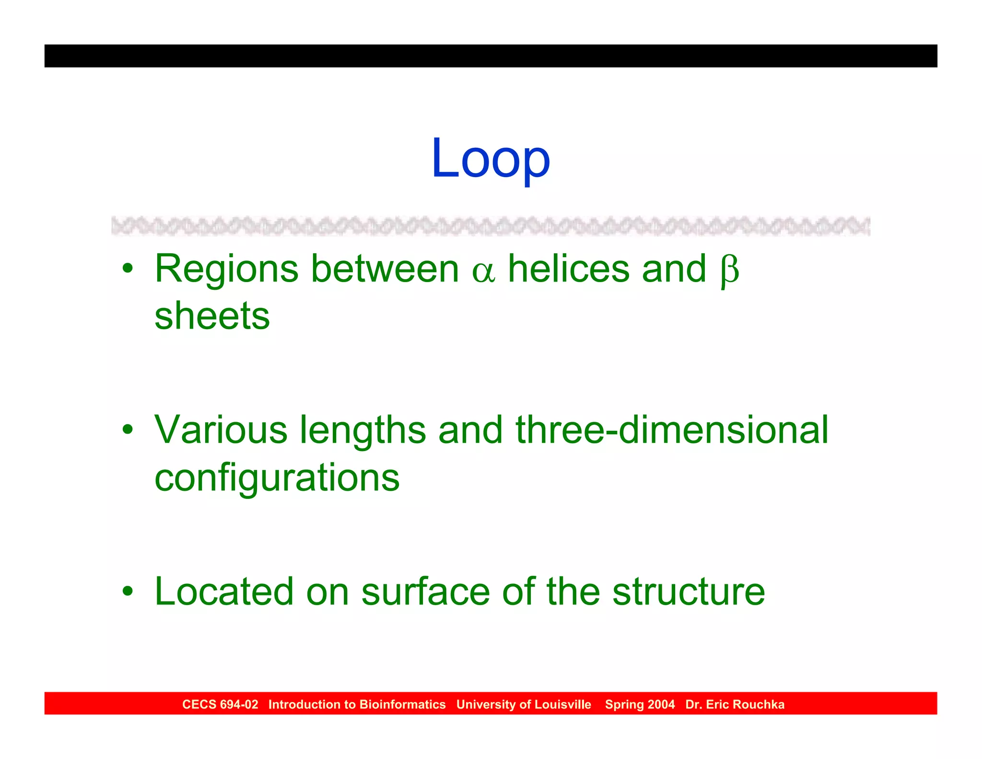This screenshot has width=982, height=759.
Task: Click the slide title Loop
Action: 491,158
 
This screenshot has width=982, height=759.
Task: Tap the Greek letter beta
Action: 729,271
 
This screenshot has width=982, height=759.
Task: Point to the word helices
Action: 569,269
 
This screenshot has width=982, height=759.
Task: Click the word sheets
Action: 212,316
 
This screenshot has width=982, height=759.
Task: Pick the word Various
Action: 221,429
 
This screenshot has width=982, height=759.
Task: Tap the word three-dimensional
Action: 672,429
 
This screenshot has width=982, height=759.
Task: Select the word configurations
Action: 277,478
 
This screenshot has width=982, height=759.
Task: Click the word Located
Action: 224,591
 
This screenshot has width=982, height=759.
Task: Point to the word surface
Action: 425,591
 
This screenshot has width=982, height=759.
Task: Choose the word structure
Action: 689,591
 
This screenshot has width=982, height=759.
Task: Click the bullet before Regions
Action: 128,268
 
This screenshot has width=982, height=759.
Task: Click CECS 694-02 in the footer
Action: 220,704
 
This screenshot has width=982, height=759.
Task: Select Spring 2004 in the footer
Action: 640,704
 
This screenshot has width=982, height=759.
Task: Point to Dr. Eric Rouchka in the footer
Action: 735,704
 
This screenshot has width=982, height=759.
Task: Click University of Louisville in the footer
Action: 524,704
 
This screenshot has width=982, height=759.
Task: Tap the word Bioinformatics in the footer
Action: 402,704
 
